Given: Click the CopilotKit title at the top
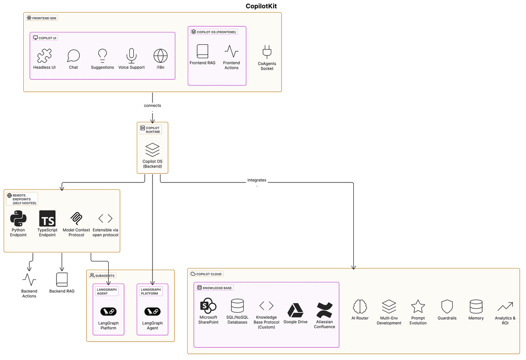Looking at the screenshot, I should pos(261,6).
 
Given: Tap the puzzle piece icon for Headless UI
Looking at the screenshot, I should pos(44,56).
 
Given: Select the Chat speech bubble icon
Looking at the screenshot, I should pos(73,56).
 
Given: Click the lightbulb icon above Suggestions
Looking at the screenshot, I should pos(103,55).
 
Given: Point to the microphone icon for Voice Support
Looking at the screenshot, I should pos(131,56).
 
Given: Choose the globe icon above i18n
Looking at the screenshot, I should pos(160,56).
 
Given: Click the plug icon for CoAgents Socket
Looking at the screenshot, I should pos(267,52).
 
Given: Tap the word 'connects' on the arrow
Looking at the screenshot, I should pos(152,106).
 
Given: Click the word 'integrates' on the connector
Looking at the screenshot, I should pos(257,180).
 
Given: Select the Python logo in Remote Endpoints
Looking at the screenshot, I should pos(18,218).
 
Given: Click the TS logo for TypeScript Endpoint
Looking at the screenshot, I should pos(47,218).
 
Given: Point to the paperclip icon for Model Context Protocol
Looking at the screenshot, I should pos(76,218).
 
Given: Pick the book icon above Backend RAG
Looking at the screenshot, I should pos(62,279).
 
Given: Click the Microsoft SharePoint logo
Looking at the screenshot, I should pos(208,306).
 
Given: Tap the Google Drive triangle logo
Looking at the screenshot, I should pos(295,310).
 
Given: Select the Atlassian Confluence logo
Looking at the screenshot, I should pos(324,310).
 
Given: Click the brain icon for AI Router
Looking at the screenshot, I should pos(360,307).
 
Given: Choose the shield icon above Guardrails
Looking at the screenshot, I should pos(447,307).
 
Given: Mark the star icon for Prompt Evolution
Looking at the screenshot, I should pos(418,307).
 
